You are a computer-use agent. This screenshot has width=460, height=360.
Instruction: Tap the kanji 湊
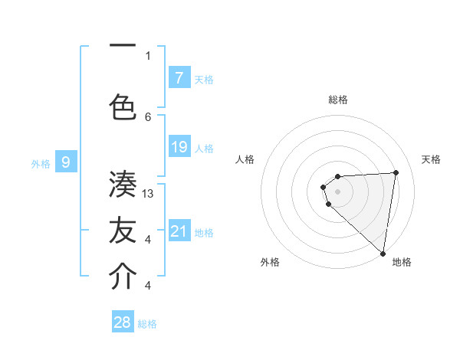pyautogui.click(x=123, y=185)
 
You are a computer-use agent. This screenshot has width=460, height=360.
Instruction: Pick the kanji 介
pyautogui.click(x=123, y=277)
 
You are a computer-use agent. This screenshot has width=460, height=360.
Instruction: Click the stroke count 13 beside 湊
pyautogui.click(x=149, y=194)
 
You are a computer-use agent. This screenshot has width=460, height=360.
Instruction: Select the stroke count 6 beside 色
pyautogui.click(x=148, y=116)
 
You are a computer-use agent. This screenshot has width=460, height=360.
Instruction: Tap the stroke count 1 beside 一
pyautogui.click(x=148, y=55)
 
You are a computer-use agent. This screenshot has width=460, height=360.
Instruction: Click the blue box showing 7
pyautogui.click(x=179, y=77)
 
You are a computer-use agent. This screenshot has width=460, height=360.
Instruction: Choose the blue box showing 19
pyautogui.click(x=179, y=147)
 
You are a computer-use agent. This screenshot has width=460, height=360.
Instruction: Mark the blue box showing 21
pyautogui.click(x=179, y=231)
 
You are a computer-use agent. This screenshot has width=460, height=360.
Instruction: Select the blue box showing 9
pyautogui.click(x=66, y=162)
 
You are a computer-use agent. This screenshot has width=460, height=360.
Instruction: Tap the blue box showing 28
pyautogui.click(x=122, y=322)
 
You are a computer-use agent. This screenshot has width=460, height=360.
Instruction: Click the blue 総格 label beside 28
pyautogui.click(x=147, y=324)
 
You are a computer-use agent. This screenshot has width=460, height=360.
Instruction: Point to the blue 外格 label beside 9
pyautogui.click(x=40, y=163)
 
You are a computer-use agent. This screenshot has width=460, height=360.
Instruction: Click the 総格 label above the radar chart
pyautogui.click(x=338, y=100)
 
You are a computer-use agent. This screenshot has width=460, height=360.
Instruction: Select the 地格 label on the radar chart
pyautogui.click(x=402, y=263)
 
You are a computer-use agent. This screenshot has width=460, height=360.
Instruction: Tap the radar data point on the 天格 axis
pyautogui.click(x=396, y=172)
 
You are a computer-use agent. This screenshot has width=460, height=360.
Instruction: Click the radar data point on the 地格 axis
pyautogui.click(x=383, y=253)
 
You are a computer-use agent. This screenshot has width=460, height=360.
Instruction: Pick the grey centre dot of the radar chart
pyautogui.click(x=337, y=191)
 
